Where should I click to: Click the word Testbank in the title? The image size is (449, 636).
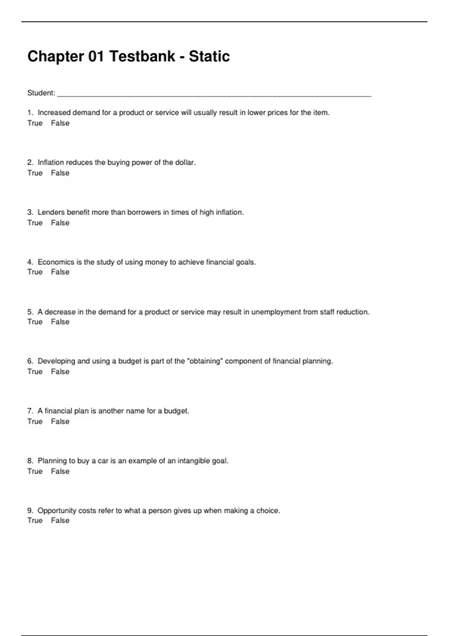point(142,56)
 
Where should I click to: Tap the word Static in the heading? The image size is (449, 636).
point(209,56)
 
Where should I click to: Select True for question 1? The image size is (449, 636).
point(35,123)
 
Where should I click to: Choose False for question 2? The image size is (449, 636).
point(60,173)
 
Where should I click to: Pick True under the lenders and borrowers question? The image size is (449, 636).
point(35,223)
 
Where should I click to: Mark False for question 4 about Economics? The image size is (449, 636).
point(60,272)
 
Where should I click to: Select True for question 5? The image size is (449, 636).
point(35,322)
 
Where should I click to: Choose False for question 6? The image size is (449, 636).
point(60,371)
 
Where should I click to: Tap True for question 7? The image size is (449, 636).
point(35,421)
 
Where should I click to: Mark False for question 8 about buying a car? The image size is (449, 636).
point(60,471)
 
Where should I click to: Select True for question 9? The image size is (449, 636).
point(35,520)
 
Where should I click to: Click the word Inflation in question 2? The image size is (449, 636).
point(51,162)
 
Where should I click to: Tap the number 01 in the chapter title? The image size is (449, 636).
point(96,56)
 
